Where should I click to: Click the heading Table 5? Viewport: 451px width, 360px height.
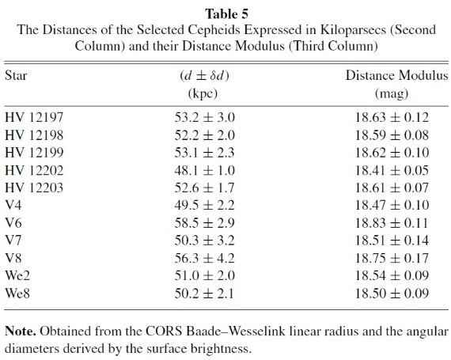coord(226,13)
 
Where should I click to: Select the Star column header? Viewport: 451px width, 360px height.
coord(16,76)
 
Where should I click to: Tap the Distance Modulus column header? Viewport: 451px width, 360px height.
coord(396,76)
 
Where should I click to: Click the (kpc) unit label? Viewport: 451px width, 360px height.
coord(203,93)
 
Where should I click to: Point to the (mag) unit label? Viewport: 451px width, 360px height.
coord(392,93)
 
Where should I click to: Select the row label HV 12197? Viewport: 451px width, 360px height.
coord(34,117)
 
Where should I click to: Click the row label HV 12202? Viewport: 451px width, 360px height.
coord(34,170)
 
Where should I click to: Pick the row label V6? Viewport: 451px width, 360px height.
coord(13,223)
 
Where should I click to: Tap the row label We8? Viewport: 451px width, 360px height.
coord(17,294)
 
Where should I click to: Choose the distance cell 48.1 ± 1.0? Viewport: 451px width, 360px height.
coord(204,170)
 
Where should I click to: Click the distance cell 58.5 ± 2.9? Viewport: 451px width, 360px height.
coord(204,223)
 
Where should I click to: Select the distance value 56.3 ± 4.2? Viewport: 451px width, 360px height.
coord(204,258)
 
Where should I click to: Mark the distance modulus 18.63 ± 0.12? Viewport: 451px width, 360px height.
coord(392,117)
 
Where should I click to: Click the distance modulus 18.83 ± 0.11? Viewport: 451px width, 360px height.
coord(392,223)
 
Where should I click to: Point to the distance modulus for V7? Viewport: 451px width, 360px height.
coord(392,241)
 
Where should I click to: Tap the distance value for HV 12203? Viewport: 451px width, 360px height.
coord(204,188)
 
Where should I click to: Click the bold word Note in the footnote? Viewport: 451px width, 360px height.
coord(21,332)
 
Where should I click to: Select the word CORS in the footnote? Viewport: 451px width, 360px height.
coord(164,332)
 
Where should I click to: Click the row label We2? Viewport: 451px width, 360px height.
coord(17,276)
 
